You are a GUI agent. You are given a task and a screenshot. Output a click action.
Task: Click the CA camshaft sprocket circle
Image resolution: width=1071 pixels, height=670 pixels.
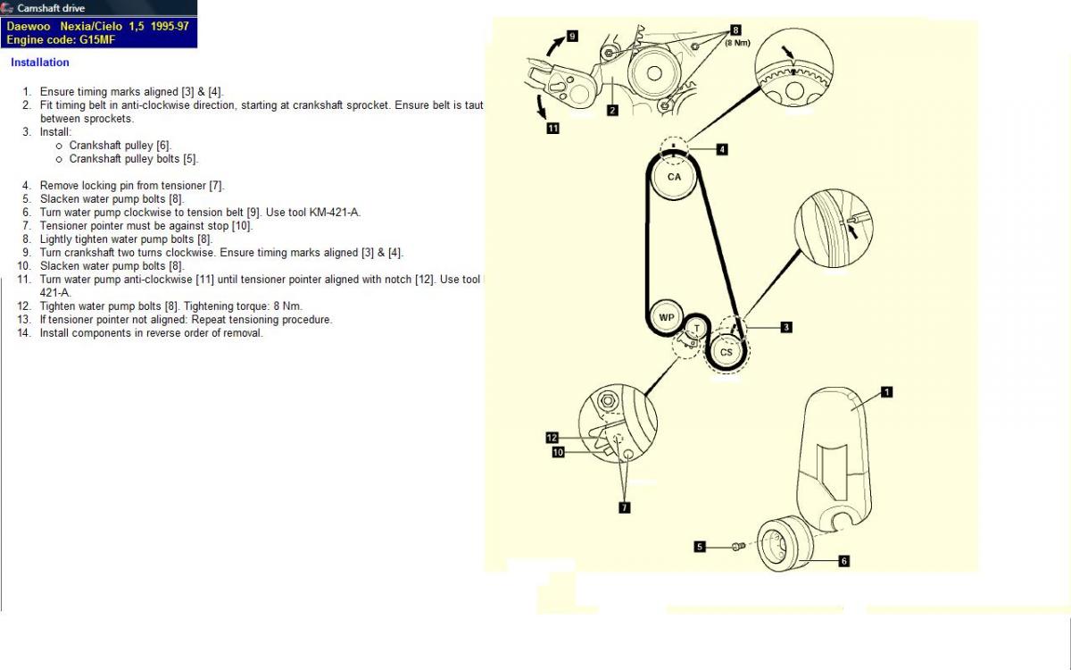(x=674, y=177)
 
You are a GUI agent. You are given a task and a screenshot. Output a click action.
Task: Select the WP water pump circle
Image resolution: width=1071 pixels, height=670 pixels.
(x=666, y=317)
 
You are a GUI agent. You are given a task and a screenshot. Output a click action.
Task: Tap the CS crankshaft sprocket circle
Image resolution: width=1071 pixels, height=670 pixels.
(x=726, y=352)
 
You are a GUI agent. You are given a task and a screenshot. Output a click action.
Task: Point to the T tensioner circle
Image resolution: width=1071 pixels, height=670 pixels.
(x=696, y=329)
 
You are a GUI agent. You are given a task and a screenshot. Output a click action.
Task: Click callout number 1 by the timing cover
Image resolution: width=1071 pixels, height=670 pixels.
(x=886, y=391)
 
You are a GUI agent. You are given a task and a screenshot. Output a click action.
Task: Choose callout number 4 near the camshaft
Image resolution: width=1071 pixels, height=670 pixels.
(x=722, y=149)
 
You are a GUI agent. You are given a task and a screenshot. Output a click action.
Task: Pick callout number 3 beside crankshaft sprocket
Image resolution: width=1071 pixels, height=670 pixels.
(x=785, y=327)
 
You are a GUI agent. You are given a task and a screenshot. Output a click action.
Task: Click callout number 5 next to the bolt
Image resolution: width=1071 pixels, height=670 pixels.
(x=701, y=546)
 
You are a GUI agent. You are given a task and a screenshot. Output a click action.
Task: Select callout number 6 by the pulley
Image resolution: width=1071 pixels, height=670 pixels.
(x=843, y=561)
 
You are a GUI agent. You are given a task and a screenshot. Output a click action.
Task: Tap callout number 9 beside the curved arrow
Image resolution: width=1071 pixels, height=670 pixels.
(x=572, y=37)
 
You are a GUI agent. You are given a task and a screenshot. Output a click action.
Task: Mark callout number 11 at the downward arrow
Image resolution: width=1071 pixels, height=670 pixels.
(x=553, y=129)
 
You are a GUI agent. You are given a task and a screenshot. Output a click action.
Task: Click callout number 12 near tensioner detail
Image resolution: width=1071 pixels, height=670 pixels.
(x=552, y=438)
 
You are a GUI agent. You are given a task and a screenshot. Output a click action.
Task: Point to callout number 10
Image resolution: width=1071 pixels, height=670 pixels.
(x=558, y=452)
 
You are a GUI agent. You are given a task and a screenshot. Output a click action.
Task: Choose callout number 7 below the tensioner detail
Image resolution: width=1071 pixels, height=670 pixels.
(x=624, y=507)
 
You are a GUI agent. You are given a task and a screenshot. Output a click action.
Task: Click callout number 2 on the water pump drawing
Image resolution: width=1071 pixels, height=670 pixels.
(x=612, y=111)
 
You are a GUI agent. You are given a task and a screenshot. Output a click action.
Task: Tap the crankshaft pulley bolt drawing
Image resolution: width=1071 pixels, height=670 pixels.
(x=737, y=546)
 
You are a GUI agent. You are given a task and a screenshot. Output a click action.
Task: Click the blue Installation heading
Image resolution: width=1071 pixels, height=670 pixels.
(x=40, y=63)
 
